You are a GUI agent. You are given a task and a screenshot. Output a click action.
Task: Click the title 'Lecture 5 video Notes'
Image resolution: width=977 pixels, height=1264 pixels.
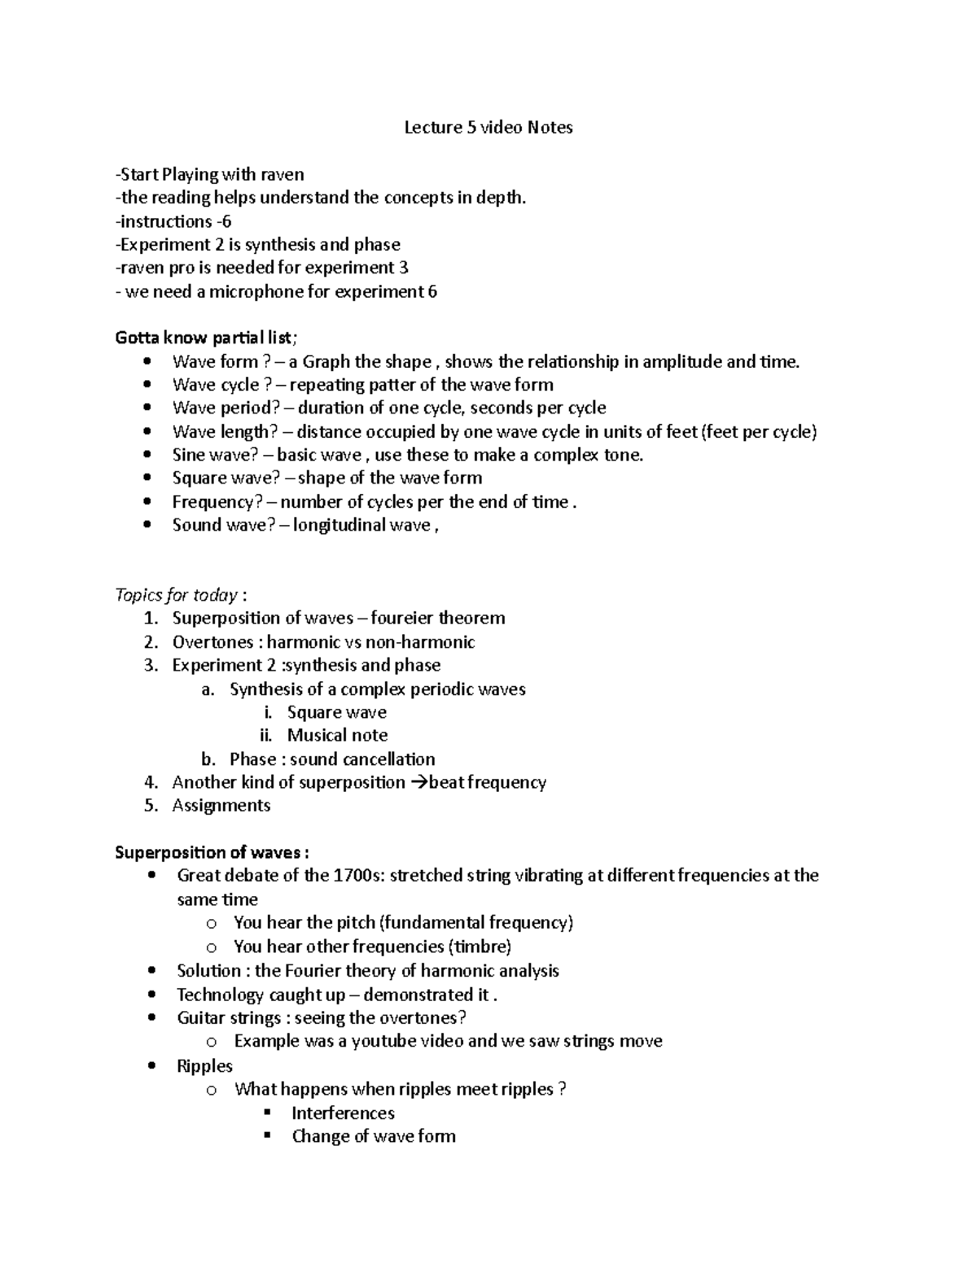(x=488, y=127)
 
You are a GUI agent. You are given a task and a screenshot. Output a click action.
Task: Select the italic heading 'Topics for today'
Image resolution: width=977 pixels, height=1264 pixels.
(x=177, y=595)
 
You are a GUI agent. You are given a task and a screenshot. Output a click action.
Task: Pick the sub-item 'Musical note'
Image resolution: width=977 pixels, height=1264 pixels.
(x=337, y=736)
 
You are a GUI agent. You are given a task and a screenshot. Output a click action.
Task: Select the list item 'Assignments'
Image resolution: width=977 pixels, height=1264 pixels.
(x=221, y=806)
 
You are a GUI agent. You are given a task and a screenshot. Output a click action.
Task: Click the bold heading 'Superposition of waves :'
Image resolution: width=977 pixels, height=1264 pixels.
(x=212, y=853)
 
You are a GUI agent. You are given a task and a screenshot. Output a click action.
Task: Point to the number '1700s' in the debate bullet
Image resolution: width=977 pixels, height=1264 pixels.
(x=354, y=876)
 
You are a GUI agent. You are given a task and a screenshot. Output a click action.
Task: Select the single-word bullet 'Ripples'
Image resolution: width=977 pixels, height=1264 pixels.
(x=204, y=1066)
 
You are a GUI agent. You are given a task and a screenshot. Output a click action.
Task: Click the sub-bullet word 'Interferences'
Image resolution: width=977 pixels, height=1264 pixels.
(x=343, y=1113)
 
